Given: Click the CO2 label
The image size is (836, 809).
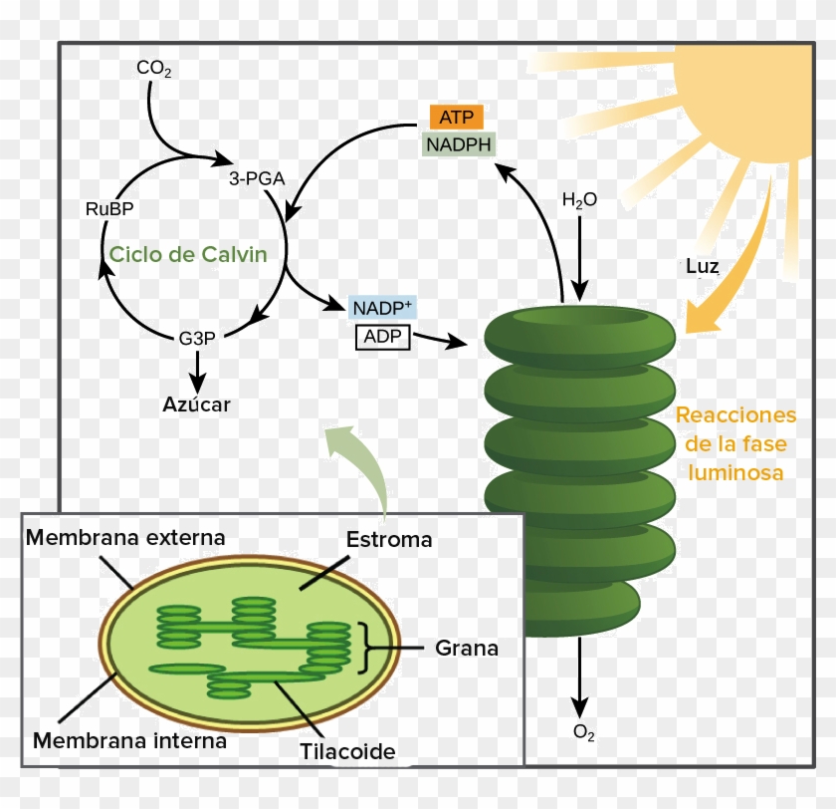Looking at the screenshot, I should (154, 69).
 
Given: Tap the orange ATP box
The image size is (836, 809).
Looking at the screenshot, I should (456, 117).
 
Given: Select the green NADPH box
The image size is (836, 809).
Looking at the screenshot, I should (458, 144).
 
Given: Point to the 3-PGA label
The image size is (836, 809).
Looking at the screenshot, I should (257, 179).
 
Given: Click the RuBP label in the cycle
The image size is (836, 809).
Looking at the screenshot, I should (109, 208).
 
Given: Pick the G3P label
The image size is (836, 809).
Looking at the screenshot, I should (197, 338).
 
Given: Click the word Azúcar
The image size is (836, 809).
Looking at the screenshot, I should (196, 404).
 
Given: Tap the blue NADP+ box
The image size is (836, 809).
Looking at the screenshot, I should (383, 308).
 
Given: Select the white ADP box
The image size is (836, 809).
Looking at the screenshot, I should (382, 337).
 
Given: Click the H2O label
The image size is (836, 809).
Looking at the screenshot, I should (579, 200).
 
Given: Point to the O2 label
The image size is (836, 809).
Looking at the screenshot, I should (584, 733).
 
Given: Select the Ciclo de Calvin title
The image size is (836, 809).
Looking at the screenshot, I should (188, 254).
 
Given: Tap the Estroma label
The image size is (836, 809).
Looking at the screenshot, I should (389, 540).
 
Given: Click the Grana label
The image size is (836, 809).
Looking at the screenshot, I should (467, 649).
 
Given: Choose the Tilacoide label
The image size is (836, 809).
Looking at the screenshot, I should (348, 752).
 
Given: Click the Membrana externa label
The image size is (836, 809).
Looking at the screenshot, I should (125, 538).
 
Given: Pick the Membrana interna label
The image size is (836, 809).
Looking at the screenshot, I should (129, 741).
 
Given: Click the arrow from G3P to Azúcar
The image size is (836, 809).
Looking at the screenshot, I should (197, 371).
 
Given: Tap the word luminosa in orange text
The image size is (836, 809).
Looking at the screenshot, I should (735, 472).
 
